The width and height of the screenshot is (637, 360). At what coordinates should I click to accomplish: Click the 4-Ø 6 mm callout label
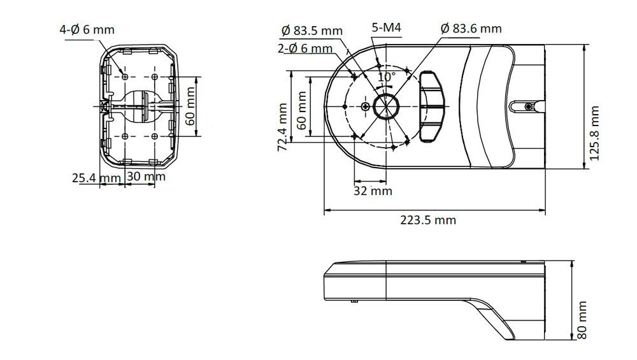[x=87, y=30]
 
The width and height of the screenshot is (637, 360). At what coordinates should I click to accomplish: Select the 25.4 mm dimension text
[x=96, y=178]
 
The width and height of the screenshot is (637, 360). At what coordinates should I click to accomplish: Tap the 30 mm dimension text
[x=146, y=176]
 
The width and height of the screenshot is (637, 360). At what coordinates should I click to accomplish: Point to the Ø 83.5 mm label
[x=312, y=31]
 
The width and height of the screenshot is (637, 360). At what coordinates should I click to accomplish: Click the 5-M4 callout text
[x=387, y=27]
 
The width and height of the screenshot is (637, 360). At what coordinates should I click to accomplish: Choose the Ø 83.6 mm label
[x=471, y=29]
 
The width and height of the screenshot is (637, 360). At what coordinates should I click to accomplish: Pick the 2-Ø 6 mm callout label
[x=305, y=48]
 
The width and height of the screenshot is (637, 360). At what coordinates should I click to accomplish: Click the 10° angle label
[x=387, y=76]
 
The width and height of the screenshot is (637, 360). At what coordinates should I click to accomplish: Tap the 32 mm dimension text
[x=373, y=191]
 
